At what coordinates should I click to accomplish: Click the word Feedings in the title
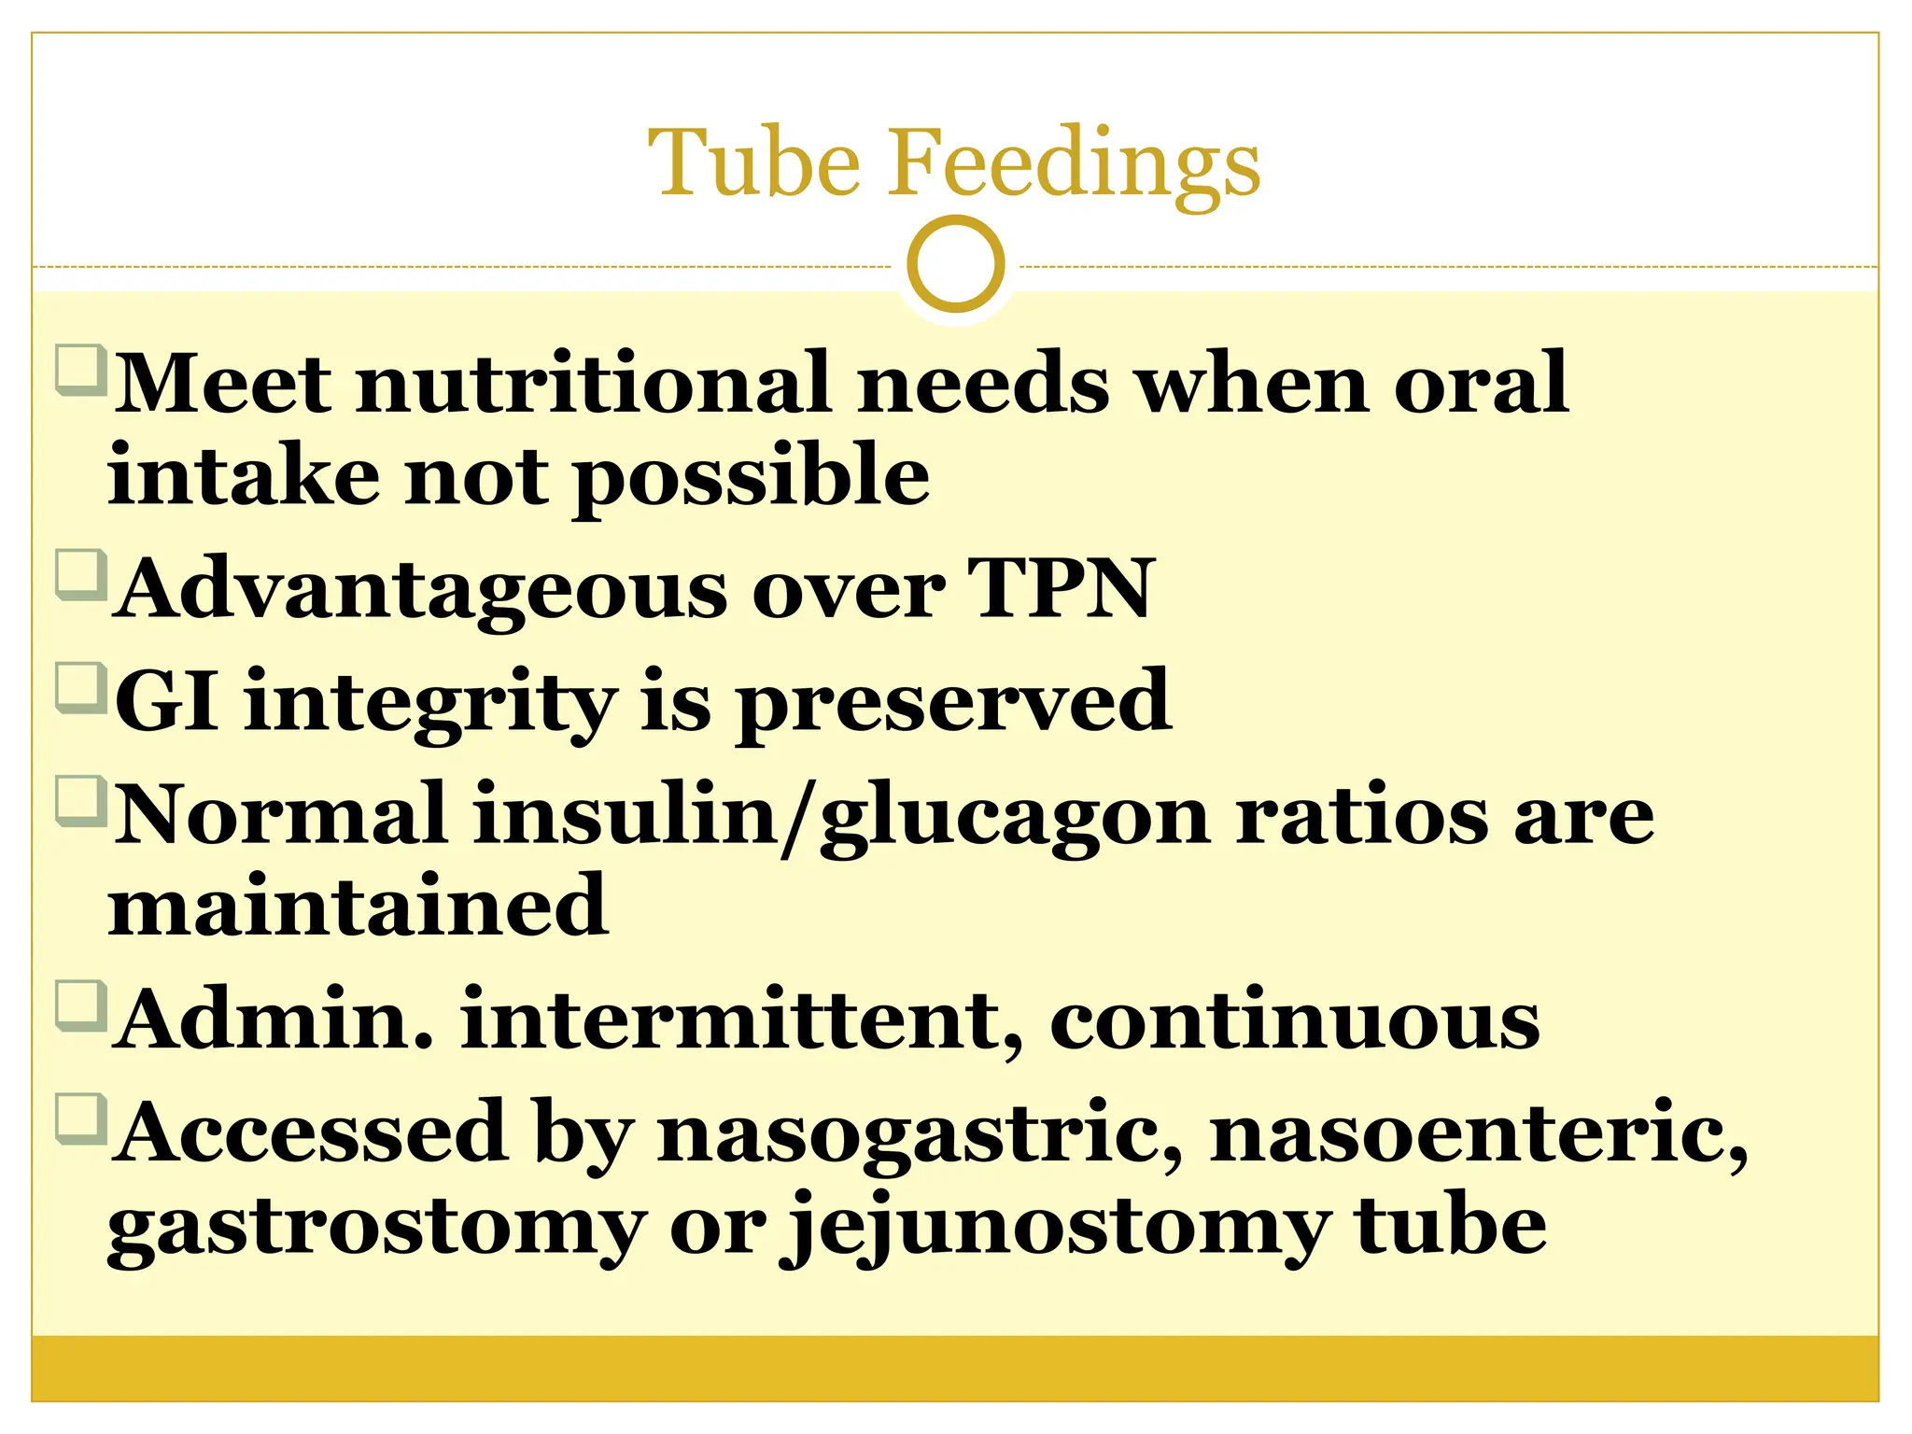(x=1074, y=164)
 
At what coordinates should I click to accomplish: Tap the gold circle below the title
(x=955, y=263)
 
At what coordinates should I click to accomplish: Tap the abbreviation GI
(x=167, y=701)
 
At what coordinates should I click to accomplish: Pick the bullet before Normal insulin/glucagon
(x=80, y=801)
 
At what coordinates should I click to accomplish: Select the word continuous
(x=1295, y=1019)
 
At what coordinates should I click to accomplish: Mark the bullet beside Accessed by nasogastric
(x=80, y=1118)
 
